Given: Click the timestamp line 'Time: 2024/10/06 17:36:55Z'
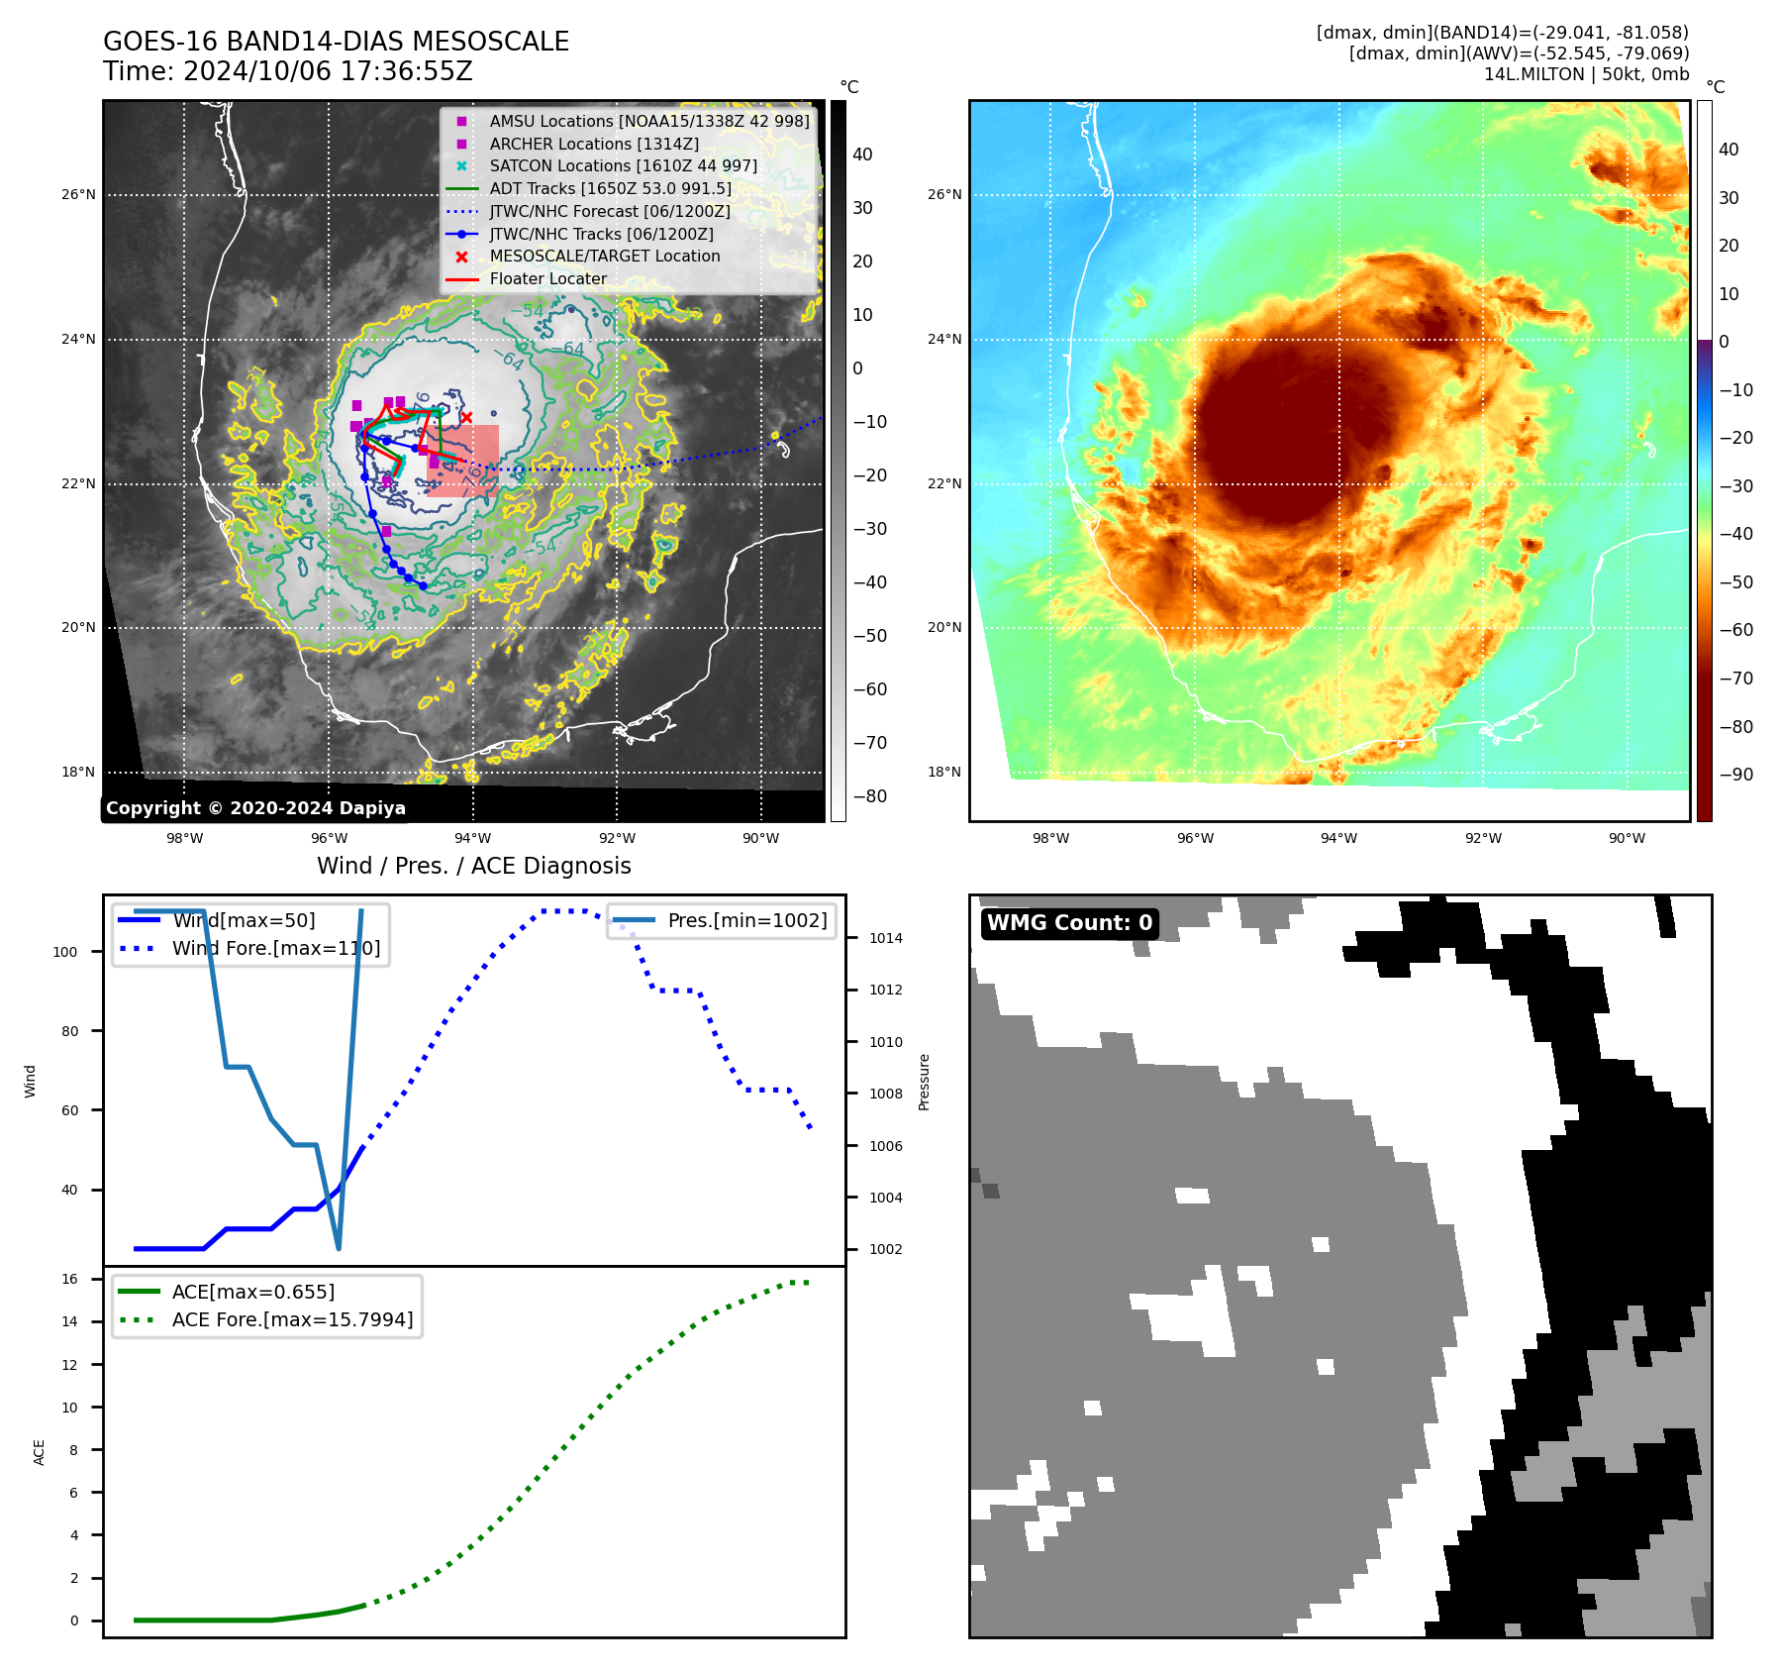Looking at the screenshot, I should (x=287, y=72).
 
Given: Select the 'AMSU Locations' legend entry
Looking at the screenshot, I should (x=648, y=121).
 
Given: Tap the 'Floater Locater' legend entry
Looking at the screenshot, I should (x=547, y=279).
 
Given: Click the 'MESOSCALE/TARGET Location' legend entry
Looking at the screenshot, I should (x=604, y=257).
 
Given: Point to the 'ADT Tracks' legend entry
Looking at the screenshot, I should (x=610, y=188).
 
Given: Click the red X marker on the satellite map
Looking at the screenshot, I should (x=467, y=417).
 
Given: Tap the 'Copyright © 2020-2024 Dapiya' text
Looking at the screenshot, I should (x=255, y=808).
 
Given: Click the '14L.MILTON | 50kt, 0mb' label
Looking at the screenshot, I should (x=1586, y=74).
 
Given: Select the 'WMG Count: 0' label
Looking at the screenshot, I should (x=1069, y=923).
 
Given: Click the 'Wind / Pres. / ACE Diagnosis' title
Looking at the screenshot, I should (x=473, y=866).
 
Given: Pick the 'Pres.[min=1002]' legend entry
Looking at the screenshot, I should (x=746, y=920).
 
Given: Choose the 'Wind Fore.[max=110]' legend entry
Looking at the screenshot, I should (x=275, y=948).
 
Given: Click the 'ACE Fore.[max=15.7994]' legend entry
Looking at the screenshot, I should (x=292, y=1319).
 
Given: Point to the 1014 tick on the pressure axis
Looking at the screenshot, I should (x=886, y=938).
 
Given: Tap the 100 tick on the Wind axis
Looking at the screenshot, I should (x=65, y=952).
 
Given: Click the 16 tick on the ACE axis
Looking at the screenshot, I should (x=70, y=1279).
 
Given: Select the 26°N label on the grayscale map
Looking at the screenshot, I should (x=78, y=195).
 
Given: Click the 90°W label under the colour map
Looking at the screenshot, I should (x=1627, y=838).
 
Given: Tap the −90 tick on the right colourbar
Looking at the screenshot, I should (x=1735, y=775).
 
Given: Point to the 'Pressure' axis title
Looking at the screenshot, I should (x=925, y=1082).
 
